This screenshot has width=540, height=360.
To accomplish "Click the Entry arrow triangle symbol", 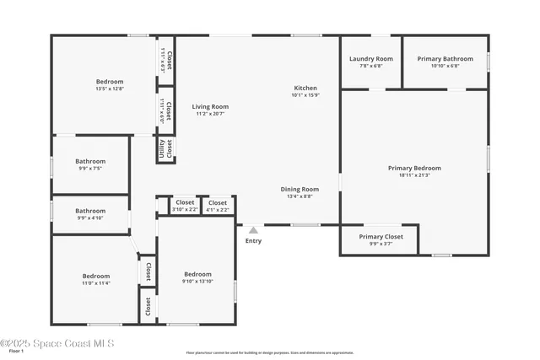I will pos(252,229).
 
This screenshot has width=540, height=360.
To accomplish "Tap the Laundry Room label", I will pos(371,59).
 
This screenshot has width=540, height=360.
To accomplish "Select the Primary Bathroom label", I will pos(445,59).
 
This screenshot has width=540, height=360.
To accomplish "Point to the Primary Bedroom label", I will pos(414,168).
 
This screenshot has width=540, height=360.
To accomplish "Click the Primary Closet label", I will pos(381,237).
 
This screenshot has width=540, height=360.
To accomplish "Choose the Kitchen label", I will pos(305,89).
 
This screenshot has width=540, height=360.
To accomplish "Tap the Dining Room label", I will pos(300,190).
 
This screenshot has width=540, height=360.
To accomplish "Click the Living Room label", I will pos(210,107).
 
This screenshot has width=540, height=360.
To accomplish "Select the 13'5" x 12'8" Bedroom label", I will pos(110,82).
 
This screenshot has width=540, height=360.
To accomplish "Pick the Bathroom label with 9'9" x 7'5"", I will pos(90,161).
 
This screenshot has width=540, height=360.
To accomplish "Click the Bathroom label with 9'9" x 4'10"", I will pos(90,211).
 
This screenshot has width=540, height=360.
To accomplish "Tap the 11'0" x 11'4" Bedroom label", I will pos(95,276).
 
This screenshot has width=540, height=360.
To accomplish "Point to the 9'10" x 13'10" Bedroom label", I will pos(197,274).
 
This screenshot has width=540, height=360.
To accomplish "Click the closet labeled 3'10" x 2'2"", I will pos(185,202).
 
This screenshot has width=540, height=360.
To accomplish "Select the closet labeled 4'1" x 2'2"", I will pos(217,202).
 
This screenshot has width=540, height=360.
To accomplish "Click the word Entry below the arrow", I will pos(253,241).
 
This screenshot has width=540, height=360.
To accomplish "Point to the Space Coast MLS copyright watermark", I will pos(57,343).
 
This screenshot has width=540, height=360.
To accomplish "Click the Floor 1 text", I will pos(16,351).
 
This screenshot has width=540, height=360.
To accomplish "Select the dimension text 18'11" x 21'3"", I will pos(414,175).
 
